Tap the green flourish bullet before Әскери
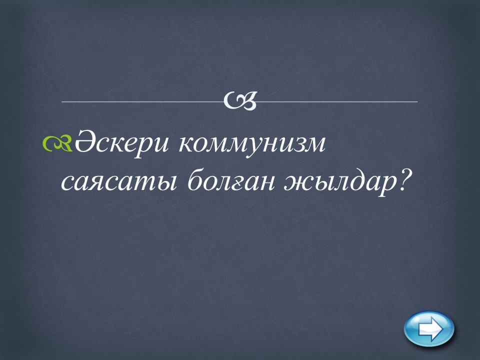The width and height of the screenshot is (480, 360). [57, 143]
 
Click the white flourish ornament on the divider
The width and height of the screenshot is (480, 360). [239, 100]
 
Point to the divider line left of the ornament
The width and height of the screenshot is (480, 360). [143, 101]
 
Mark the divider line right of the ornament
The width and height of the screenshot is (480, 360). [336, 101]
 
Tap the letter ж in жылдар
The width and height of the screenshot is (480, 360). [297, 183]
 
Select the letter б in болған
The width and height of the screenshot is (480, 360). [195, 180]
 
